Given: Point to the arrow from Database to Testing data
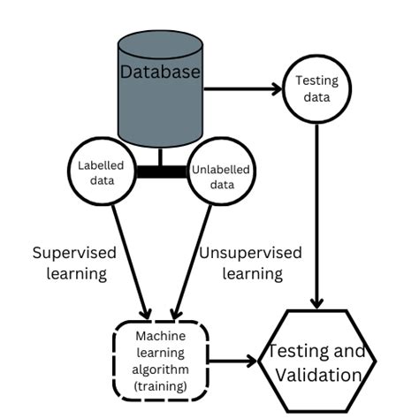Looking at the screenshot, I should [x=243, y=88].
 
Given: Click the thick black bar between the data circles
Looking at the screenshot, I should [x=162, y=171].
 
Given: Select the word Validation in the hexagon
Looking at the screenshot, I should [x=317, y=375].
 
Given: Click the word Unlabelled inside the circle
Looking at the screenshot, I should [x=220, y=170].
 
